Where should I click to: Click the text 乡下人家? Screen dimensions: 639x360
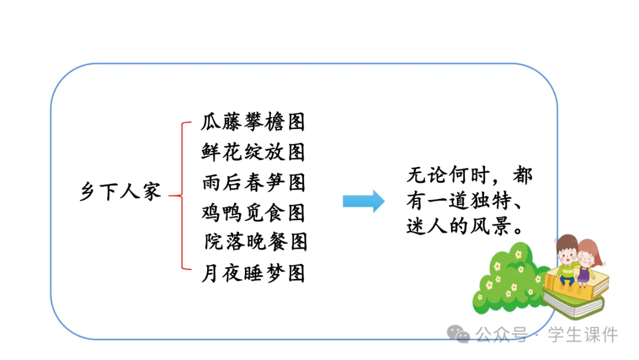[x=120, y=191]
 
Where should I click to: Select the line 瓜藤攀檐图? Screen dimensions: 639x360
[x=253, y=122]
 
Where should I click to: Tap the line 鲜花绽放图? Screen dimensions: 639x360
[x=253, y=152]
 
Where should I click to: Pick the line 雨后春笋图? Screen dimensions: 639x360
[x=253, y=182]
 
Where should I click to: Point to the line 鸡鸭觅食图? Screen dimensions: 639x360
[x=253, y=212]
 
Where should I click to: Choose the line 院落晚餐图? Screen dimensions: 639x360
[x=256, y=242]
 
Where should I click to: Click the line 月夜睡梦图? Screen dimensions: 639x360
[x=253, y=273]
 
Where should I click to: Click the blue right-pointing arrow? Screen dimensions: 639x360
[x=363, y=201]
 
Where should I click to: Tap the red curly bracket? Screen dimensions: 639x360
[x=180, y=196]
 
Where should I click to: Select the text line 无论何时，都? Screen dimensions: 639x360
[x=469, y=176]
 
